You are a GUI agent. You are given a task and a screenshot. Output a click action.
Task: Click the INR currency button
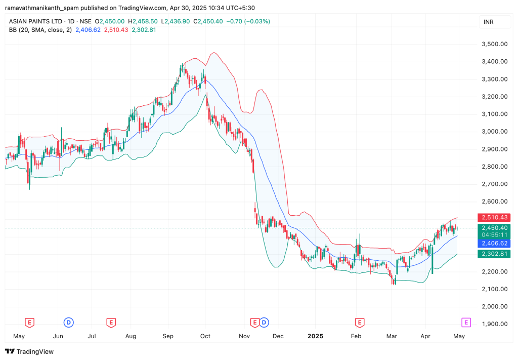(488, 22)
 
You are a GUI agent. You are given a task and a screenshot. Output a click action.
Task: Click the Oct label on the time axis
(205, 336)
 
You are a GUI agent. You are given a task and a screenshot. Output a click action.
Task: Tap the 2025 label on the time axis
(316, 336)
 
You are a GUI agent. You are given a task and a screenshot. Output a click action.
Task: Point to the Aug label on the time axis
(131, 336)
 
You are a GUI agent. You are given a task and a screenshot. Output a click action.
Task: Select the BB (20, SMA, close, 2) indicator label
(40, 30)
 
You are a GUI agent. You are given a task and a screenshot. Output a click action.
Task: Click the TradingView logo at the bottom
(29, 351)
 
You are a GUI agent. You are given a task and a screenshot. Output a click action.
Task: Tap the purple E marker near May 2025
(466, 322)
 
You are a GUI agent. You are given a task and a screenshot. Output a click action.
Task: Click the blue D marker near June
(68, 322)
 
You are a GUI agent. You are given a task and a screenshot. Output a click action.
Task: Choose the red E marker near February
(359, 322)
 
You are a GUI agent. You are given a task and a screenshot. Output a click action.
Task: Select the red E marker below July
(111, 322)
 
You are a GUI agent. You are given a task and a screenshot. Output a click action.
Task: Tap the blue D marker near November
(264, 322)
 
